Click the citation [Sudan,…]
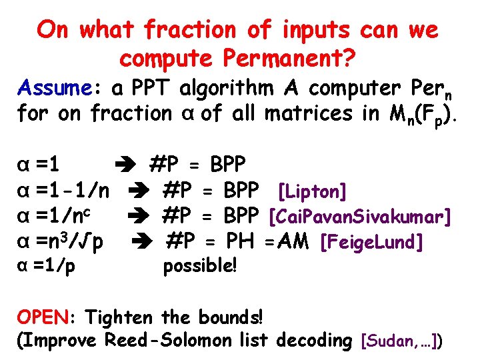click(400, 342)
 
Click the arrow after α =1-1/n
click(146, 192)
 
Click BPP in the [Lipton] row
click(241, 192)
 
